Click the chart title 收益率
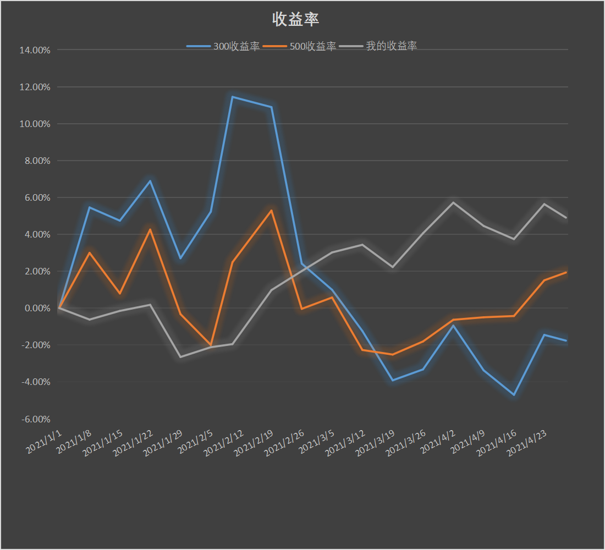click(296, 20)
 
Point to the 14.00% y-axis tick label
click(35, 50)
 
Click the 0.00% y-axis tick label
click(37, 308)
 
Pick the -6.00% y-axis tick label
click(36, 419)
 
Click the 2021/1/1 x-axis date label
click(45, 442)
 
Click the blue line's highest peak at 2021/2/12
click(233, 97)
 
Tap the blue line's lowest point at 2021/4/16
click(514, 395)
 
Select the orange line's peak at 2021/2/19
click(271, 210)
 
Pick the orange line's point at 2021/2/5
click(211, 345)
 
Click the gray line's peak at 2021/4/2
click(453, 202)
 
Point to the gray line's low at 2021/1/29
click(180, 357)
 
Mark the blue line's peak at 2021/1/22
click(150, 180)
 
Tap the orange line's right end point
click(566, 272)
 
